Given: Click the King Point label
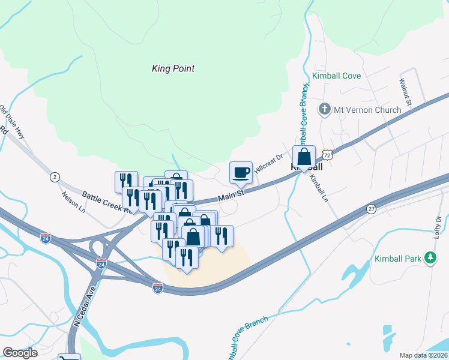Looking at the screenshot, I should tap(173, 68).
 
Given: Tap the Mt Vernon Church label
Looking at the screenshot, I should tap(367, 110).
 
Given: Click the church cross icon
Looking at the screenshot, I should tap(325, 109).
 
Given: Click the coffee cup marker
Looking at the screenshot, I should tap(241, 173).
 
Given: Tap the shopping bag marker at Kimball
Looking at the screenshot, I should tap(304, 157).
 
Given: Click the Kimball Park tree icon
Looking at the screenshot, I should tap(430, 258).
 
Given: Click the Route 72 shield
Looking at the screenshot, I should tap(326, 154).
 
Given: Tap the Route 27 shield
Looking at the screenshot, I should tap(372, 209).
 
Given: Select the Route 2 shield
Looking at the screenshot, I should tap(55, 176).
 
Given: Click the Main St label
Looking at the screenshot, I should tap(232, 196).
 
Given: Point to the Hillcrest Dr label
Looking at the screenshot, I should tap(268, 164).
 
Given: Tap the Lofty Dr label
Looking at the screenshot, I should tap(438, 228).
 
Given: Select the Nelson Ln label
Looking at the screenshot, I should tap(74, 202).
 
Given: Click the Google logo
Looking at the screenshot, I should tap(20, 353).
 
